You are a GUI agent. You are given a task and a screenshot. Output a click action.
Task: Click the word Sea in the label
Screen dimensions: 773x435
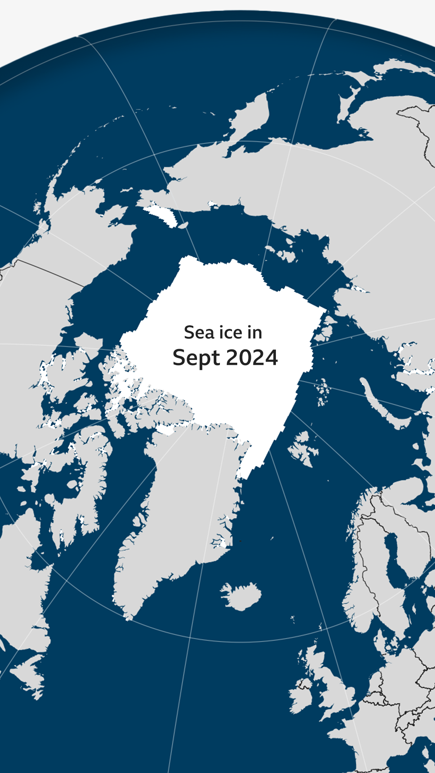point(199,333)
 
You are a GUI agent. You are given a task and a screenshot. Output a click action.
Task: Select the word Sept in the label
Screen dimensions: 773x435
point(197,358)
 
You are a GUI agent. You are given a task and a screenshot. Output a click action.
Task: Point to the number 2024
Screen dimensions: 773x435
point(252,358)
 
